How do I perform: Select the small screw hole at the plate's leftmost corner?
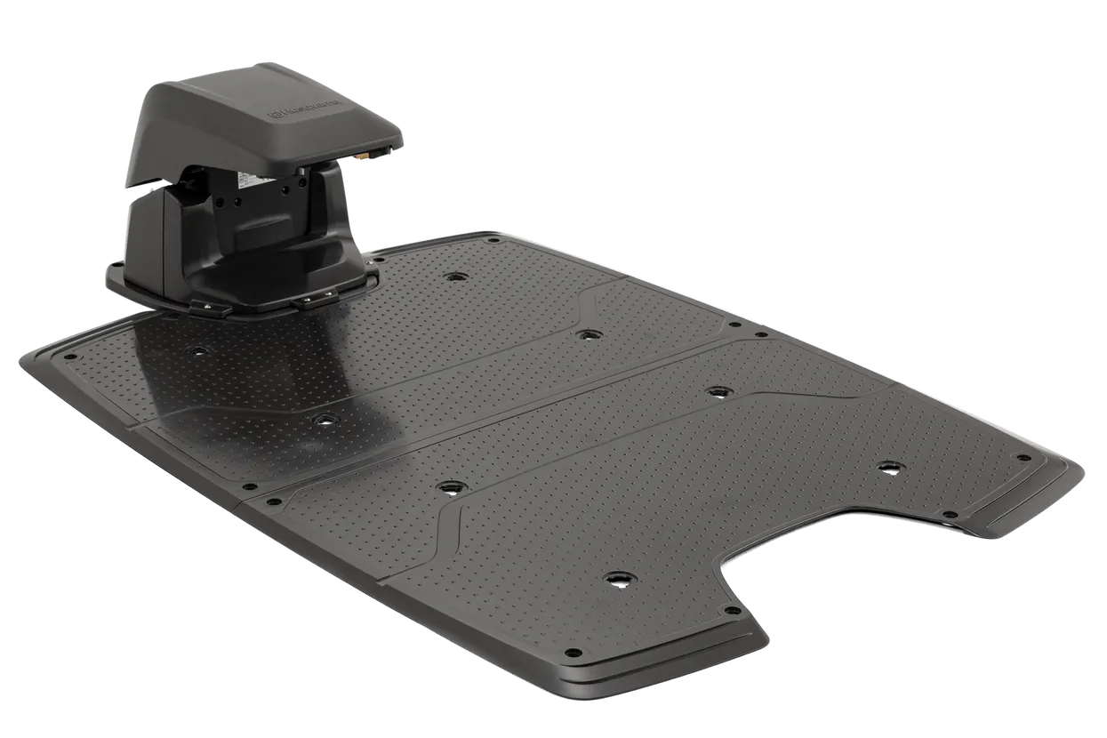tap(67, 358)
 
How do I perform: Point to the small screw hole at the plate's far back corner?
tap(492, 239)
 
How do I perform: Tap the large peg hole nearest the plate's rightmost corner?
tap(889, 467)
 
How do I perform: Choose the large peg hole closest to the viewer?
tap(617, 578)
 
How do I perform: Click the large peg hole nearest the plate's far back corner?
tap(456, 277)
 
